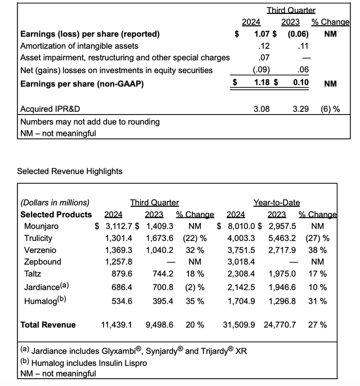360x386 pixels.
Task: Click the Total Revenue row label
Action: [48, 325]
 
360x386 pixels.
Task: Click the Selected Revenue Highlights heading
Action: [70, 171]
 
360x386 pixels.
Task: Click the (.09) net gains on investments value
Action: [260, 70]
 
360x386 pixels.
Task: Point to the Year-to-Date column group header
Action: [276, 203]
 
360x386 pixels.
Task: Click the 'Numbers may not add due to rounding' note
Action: [90, 121]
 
